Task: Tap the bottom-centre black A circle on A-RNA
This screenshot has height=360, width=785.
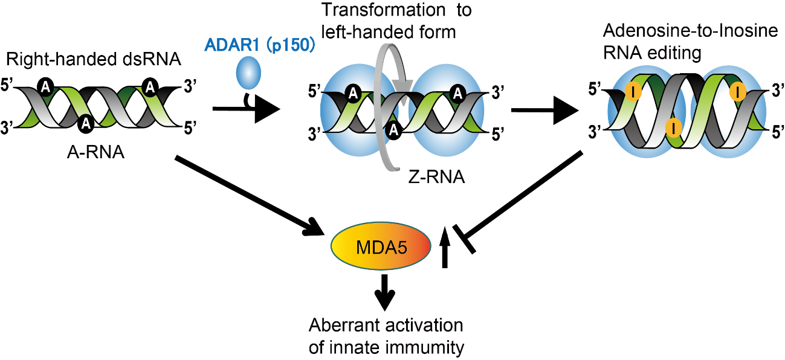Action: coord(86,124)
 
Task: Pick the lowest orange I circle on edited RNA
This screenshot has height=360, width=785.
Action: coord(673,127)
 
